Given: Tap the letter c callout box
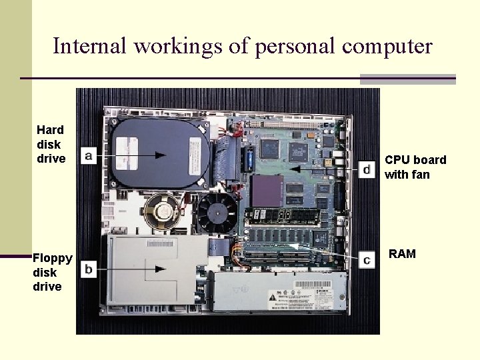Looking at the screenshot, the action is (x=366, y=260).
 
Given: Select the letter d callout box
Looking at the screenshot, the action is (x=367, y=169).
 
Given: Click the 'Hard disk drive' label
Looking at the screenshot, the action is (x=51, y=144).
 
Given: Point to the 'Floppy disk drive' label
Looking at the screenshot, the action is (x=52, y=272).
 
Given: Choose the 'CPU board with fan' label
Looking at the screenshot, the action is (x=415, y=167).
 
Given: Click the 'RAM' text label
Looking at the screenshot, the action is (x=402, y=254).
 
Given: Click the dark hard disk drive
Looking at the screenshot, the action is (x=160, y=153).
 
